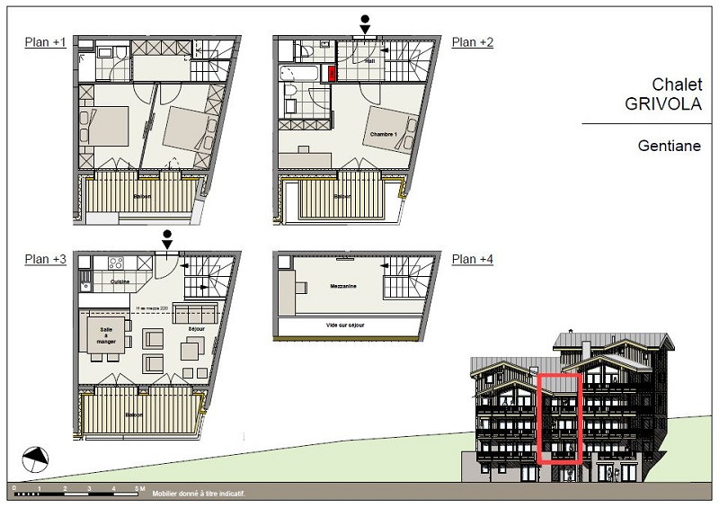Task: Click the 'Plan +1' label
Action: point(45,42)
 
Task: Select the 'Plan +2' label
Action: point(473,42)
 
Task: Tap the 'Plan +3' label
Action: point(45,260)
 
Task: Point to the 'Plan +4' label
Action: point(473,260)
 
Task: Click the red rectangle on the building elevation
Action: point(559,418)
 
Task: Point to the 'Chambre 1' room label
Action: point(383,135)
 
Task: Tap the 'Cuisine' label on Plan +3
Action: point(120,281)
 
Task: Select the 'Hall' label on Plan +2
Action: point(371,61)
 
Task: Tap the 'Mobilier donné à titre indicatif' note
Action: point(199,494)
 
